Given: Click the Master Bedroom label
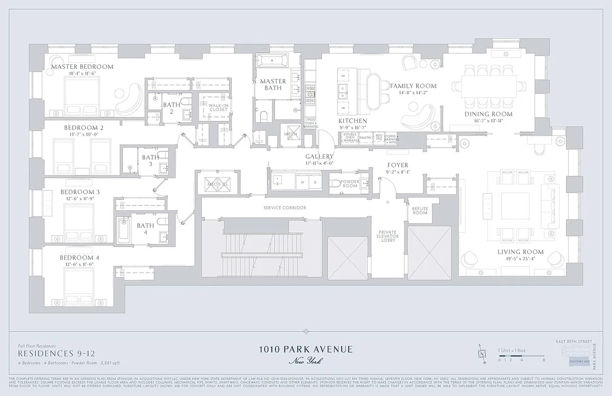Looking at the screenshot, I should pyautogui.click(x=82, y=67).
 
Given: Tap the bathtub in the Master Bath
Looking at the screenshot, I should pyautogui.click(x=270, y=62).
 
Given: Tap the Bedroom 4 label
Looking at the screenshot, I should pyautogui.click(x=80, y=258).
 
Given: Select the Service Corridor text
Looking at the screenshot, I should pyautogui.click(x=284, y=207).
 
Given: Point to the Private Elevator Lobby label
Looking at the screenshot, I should pyautogui.click(x=388, y=236).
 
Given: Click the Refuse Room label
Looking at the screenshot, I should pyautogui.click(x=420, y=210).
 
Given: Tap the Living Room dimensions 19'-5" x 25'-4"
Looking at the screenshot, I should pyautogui.click(x=513, y=258).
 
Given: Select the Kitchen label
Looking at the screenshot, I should pyautogui.click(x=353, y=121).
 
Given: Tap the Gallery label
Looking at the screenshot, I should pyautogui.click(x=320, y=156).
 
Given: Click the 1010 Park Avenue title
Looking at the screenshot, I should pyautogui.click(x=306, y=349).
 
